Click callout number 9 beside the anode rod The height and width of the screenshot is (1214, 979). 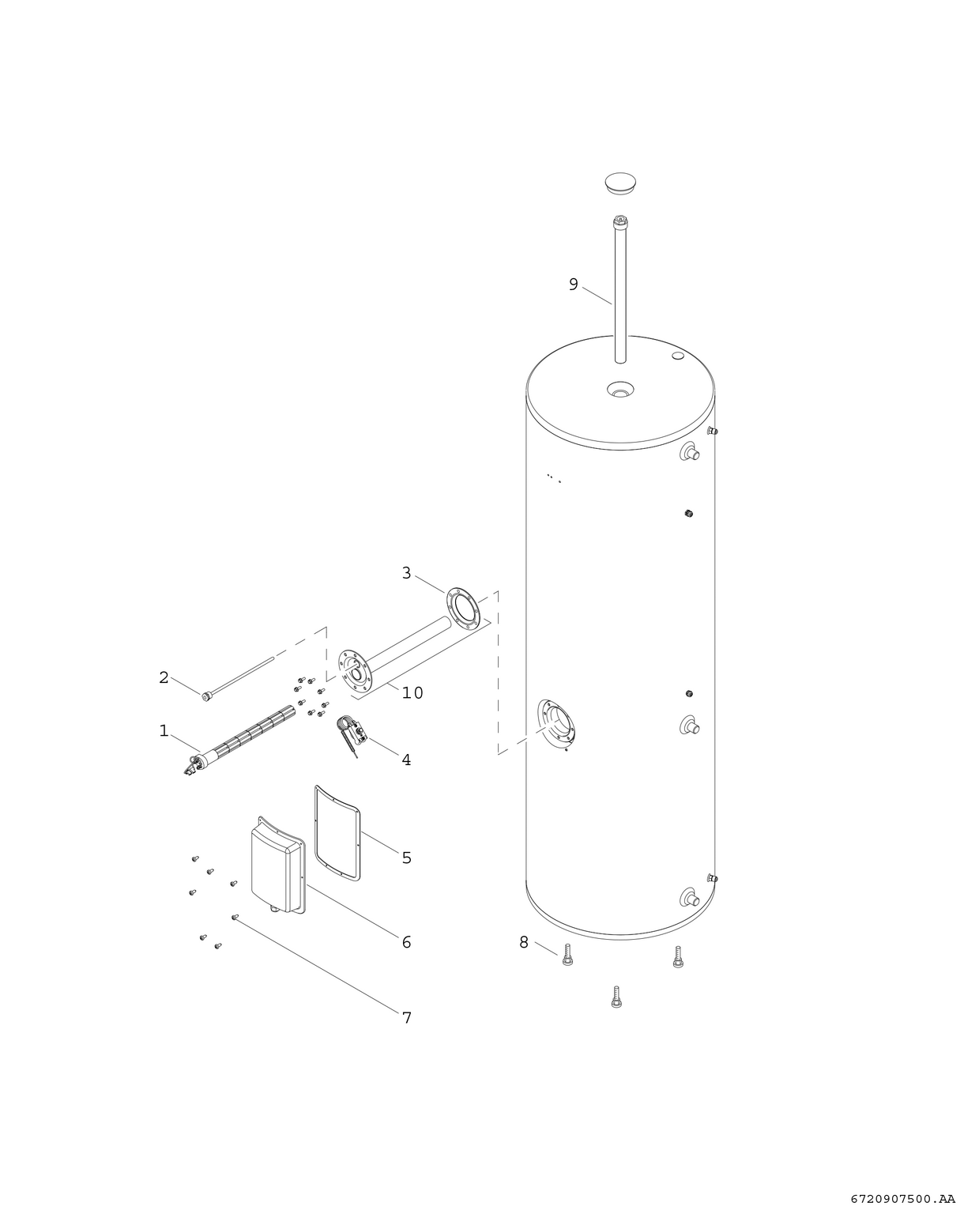(x=574, y=285)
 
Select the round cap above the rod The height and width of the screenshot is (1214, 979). (x=622, y=183)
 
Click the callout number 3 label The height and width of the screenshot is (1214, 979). (x=406, y=573)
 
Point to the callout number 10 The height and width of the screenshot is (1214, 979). (x=412, y=693)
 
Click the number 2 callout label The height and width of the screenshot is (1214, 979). (x=164, y=677)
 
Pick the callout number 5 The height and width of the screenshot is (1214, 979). (x=406, y=858)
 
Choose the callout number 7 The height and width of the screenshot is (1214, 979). (x=407, y=1018)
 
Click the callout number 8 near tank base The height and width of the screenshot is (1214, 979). (x=523, y=942)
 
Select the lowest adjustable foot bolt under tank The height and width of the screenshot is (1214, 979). (x=616, y=997)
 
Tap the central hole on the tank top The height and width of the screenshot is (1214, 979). (x=620, y=390)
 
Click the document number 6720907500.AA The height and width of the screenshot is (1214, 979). (x=897, y=1199)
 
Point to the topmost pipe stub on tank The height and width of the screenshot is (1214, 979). (x=691, y=453)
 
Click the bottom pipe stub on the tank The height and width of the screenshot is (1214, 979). (x=691, y=899)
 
